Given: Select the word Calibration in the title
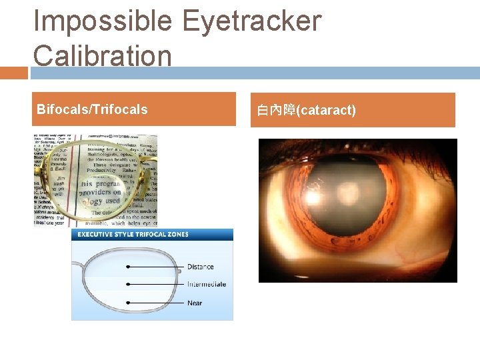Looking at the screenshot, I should tap(103, 55).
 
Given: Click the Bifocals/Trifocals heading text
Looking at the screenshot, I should tap(92, 109).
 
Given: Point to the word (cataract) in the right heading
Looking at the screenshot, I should tap(328, 110).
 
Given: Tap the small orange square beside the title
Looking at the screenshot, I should tap(13, 73).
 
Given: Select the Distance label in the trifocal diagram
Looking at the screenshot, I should tap(200, 267).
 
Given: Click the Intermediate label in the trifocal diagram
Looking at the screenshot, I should tap(206, 285).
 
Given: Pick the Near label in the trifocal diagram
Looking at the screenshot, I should tap(194, 303).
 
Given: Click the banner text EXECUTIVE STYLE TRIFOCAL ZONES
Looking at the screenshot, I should tap(133, 235).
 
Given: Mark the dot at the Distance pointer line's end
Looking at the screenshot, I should tap(128, 267).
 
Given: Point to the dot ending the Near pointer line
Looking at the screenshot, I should tap(128, 303).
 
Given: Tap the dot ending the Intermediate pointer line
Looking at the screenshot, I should tap(128, 285).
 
